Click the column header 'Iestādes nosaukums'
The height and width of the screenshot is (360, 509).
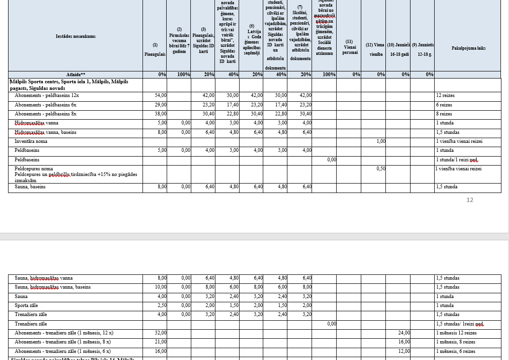click(76, 36)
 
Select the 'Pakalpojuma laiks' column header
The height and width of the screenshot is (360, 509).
click(468, 48)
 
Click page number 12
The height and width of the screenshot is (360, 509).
click(470, 200)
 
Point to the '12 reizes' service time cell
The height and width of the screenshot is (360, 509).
click(446, 96)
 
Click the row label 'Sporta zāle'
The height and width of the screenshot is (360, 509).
click(27, 306)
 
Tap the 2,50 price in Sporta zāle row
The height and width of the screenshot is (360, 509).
click(161, 306)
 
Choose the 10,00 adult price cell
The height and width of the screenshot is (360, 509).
click(161, 287)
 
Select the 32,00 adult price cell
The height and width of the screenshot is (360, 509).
click(161, 333)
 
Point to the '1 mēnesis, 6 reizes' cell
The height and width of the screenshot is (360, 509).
click(456, 351)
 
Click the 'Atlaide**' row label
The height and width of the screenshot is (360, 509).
click(76, 75)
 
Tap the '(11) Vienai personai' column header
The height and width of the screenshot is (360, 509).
click(349, 47)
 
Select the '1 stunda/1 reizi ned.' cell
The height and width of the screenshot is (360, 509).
click(457, 160)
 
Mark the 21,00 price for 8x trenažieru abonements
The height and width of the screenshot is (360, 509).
click(161, 342)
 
